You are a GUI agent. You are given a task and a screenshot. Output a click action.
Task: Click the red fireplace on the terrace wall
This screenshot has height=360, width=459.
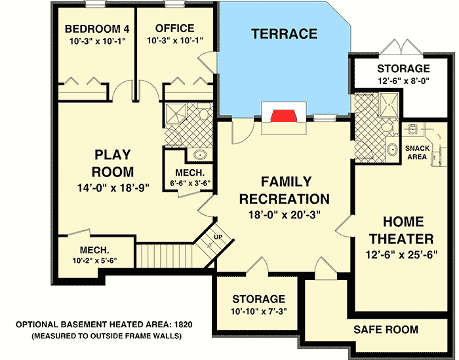[285, 117]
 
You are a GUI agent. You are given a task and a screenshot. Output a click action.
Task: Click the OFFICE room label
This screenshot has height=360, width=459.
[174, 28]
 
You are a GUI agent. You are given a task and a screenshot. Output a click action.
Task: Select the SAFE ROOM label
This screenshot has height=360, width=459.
[386, 329]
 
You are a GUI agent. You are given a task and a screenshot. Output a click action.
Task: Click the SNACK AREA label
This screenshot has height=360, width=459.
[417, 153]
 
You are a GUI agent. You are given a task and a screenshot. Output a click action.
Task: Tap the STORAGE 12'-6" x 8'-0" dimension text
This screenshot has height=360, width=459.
[403, 81]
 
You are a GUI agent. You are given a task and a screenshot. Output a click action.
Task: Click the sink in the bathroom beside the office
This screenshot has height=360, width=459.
[199, 155]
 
